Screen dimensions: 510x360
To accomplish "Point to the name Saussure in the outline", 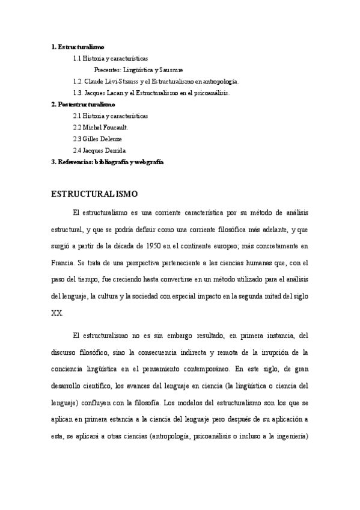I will pos(171,70).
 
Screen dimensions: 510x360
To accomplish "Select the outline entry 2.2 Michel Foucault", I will pos(100,127).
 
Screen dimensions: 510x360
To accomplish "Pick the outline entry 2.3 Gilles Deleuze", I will pos(97,139).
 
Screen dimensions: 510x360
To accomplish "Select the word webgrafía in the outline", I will pos(146,162).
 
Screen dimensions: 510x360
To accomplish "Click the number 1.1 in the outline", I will pos(78,58).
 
